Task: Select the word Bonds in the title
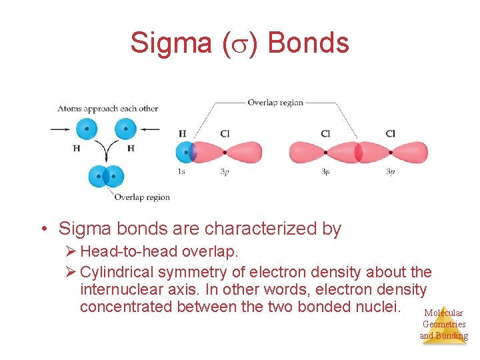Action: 308,43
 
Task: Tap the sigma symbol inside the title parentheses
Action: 238,44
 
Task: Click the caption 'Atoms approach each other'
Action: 107,109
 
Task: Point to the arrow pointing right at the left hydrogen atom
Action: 61,129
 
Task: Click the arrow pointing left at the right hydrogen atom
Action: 150,129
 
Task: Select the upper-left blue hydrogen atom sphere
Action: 86,129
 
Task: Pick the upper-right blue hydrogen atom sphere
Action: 125,129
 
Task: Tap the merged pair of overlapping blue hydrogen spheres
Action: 106,177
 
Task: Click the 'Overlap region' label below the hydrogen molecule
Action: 141,197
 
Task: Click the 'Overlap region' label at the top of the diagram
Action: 275,103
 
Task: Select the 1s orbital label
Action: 181,172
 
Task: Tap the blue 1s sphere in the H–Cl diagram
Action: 185,153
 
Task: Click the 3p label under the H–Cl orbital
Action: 225,172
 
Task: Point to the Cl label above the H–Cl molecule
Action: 225,133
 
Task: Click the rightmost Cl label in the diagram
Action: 390,133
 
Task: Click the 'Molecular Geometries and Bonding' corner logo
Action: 443,324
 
